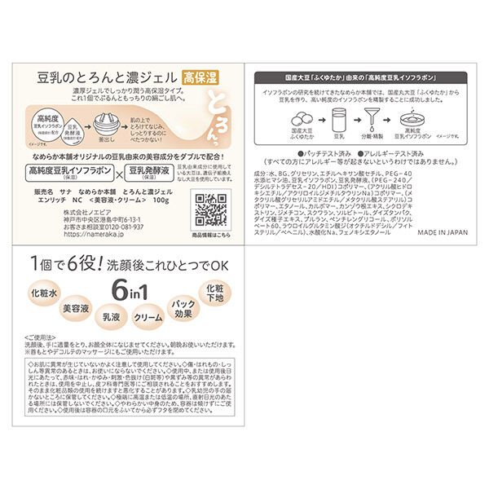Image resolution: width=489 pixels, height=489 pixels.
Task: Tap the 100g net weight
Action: tap(159, 198)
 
